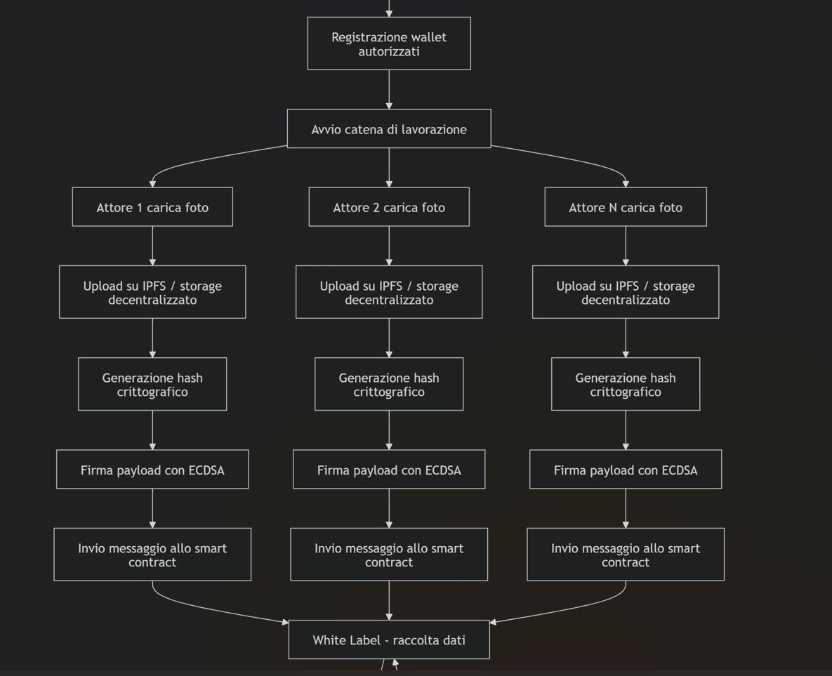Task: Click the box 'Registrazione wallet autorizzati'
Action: coord(389,44)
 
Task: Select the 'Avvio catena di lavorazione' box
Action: coord(389,129)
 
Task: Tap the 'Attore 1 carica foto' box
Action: coord(152,207)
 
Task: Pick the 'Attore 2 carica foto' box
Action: coord(389,207)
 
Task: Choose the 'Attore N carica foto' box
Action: coord(626,207)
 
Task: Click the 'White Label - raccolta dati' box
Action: coord(389,640)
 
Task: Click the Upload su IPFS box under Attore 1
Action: coord(152,292)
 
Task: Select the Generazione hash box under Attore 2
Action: coord(389,384)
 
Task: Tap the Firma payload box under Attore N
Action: coord(626,470)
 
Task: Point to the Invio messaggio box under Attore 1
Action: coord(152,555)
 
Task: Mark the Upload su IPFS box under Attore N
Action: coord(626,292)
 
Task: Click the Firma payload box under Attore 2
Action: coord(389,470)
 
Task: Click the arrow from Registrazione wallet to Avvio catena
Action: coord(389,90)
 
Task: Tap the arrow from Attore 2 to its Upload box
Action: coord(389,246)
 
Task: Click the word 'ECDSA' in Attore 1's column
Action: coord(206,470)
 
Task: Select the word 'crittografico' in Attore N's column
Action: coord(626,392)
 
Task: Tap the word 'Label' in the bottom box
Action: coord(364,640)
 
